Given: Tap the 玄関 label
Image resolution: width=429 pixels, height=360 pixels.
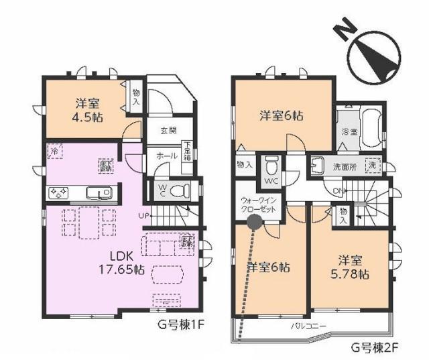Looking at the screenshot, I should click(x=168, y=131).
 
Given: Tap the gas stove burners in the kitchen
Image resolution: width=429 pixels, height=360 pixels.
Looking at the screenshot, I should click(x=58, y=193).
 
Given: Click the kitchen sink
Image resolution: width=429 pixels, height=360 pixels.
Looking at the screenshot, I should click(x=102, y=193).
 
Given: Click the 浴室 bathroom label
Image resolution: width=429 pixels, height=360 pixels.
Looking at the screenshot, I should click(x=349, y=131).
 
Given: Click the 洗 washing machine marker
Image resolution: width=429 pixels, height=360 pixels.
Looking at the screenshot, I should click(x=371, y=165).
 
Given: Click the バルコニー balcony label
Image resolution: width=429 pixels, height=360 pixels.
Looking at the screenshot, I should click(x=308, y=326).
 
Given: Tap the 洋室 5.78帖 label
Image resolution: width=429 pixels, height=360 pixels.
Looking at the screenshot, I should click(x=352, y=267).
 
